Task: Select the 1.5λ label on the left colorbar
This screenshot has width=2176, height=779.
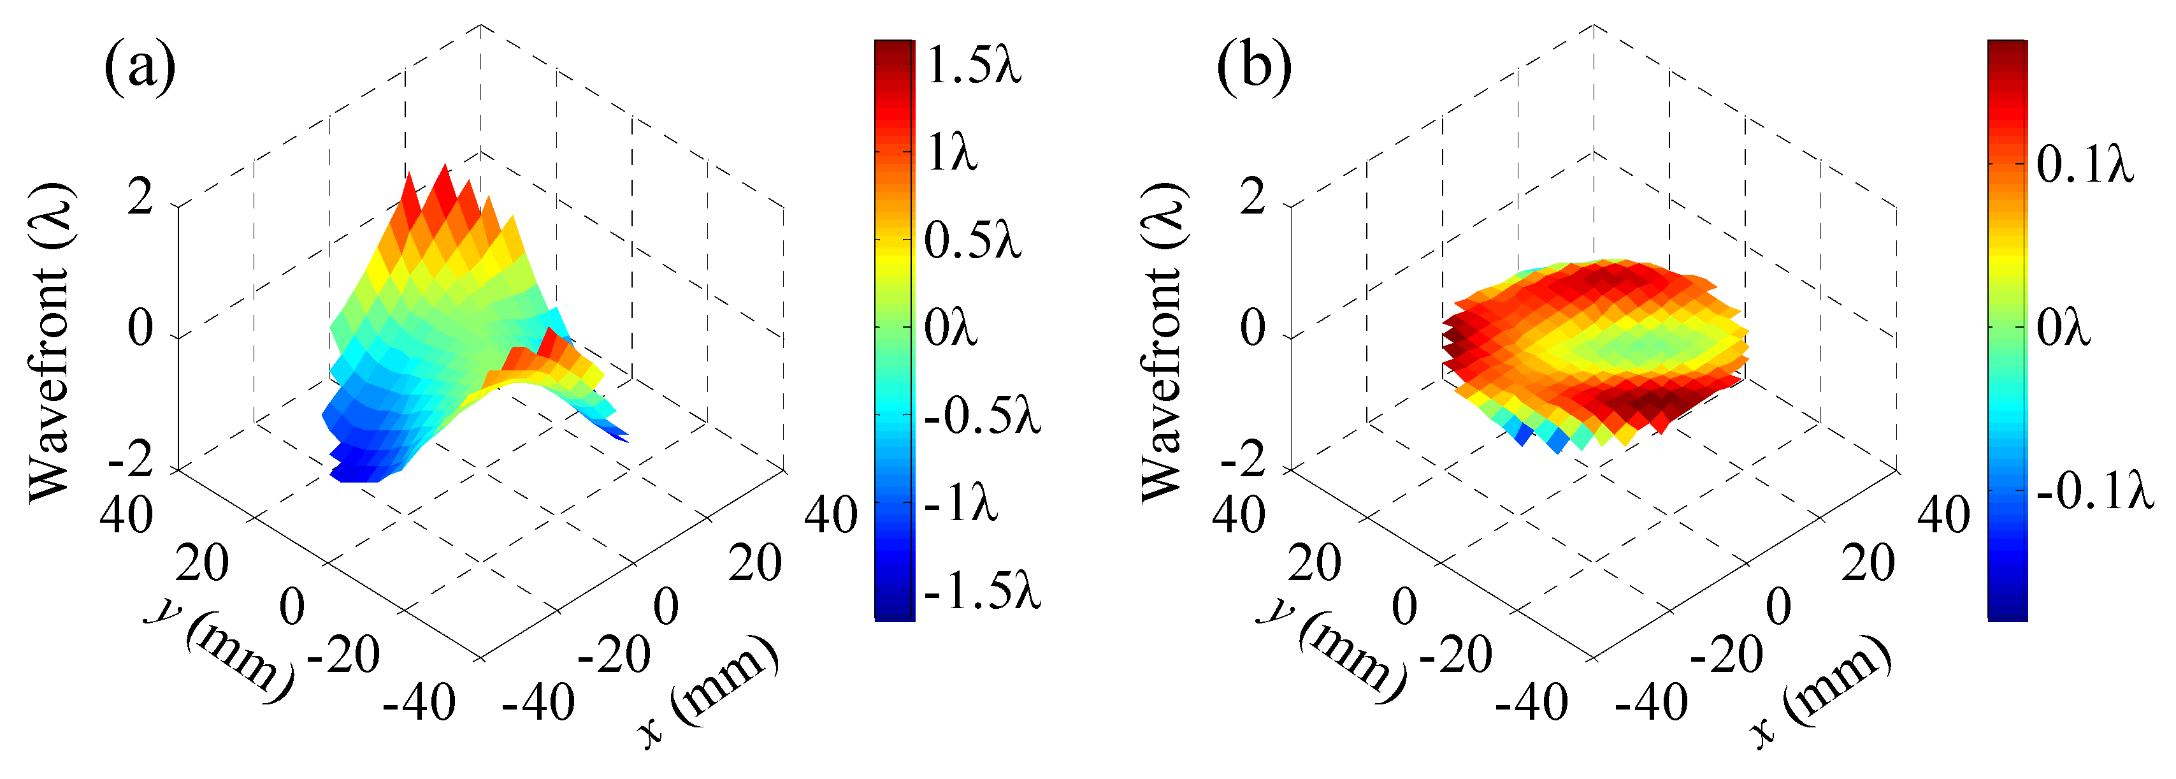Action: pyautogui.click(x=973, y=66)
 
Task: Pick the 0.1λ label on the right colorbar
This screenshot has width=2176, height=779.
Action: pyautogui.click(x=2085, y=164)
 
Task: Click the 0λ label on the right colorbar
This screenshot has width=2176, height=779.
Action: pyautogui.click(x=2062, y=328)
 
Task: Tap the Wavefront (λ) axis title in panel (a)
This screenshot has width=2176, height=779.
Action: pyautogui.click(x=49, y=342)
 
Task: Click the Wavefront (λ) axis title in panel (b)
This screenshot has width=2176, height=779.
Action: pyautogui.click(x=1162, y=342)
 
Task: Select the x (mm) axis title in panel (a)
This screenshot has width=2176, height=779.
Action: pyautogui.click(x=708, y=691)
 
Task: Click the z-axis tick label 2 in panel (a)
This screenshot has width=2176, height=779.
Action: pyautogui.click(x=140, y=200)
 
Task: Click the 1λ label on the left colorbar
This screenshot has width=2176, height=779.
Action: pyautogui.click(x=952, y=153)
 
